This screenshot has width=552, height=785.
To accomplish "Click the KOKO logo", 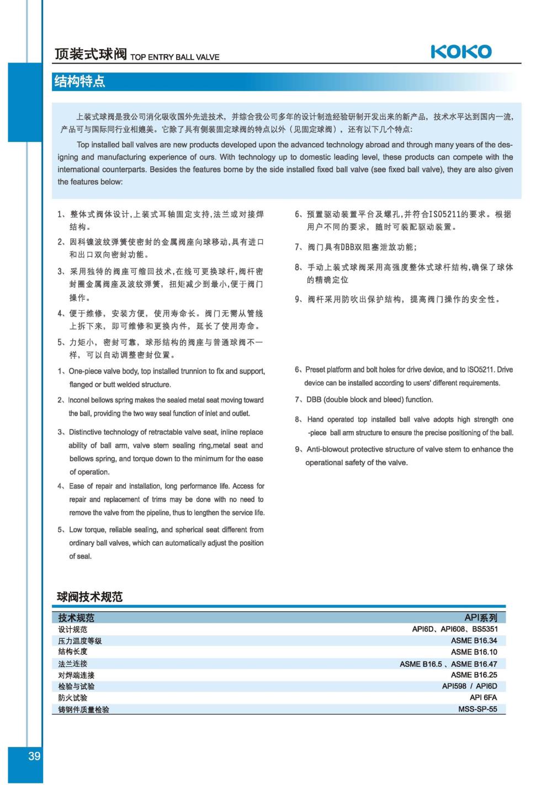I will tap(461, 52).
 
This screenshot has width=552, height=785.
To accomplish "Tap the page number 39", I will tap(34, 756).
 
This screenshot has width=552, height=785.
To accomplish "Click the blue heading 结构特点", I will tap(79, 82).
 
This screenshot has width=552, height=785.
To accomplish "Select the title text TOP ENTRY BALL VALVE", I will tap(174, 57).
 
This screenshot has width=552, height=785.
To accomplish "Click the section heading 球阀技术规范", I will tap(90, 596).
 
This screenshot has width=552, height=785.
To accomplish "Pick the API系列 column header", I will tap(481, 618).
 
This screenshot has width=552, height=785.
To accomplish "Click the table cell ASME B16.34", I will tap(474, 640).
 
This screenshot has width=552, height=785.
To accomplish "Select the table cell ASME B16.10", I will tap(474, 652).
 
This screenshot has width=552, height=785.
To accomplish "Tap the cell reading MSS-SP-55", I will tap(477, 709).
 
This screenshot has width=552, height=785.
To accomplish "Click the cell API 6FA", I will tap(483, 697).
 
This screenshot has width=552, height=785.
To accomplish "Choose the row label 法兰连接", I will tap(73, 664).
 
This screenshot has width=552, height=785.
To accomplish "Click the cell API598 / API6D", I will tap(469, 686).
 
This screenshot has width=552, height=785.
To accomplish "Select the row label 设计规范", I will tap(73, 629).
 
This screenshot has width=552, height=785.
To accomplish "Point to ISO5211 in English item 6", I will tap(481, 369).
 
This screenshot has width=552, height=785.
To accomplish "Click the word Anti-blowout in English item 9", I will tap(329, 449).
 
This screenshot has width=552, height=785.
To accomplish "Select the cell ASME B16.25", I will tap(474, 675).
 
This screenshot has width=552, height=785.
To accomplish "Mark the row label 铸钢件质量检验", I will tap(84, 709).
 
